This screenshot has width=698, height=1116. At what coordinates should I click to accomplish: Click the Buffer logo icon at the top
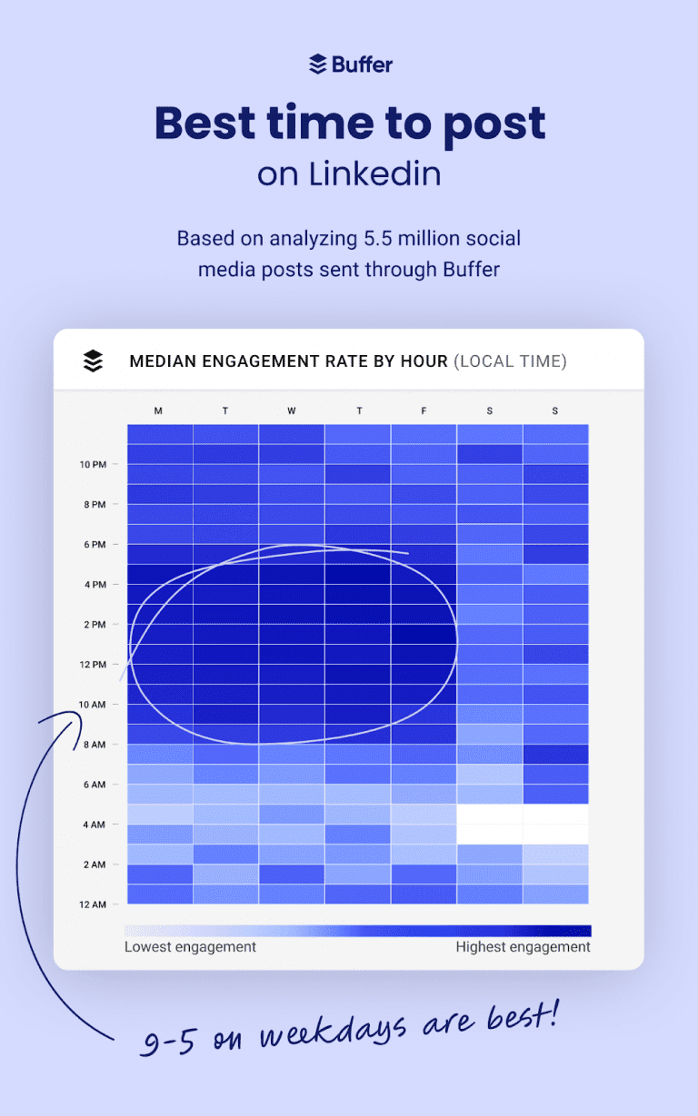pyautogui.click(x=317, y=64)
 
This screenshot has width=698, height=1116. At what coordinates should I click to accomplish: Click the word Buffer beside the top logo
pyautogui.click(x=362, y=64)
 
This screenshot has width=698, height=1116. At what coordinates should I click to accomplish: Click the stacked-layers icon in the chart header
pyautogui.click(x=93, y=360)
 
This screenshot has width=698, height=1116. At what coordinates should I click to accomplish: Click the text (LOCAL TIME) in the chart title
pyautogui.click(x=510, y=361)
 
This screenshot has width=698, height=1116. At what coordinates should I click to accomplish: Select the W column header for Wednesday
pyautogui.click(x=292, y=411)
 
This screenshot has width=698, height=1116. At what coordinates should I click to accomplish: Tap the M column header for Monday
pyautogui.click(x=158, y=411)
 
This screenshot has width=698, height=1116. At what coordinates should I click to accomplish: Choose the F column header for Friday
pyautogui.click(x=424, y=411)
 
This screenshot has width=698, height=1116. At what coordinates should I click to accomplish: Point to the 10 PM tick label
pyautogui.click(x=93, y=465)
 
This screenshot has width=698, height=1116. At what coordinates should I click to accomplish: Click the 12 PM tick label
pyautogui.click(x=93, y=665)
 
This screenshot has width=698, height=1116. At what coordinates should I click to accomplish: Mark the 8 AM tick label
pyautogui.click(x=95, y=745)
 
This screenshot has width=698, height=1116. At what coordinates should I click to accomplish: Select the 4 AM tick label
pyautogui.click(x=95, y=825)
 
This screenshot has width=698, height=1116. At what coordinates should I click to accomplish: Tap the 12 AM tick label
pyautogui.click(x=93, y=904)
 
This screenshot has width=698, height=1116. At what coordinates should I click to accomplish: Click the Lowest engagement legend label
pyautogui.click(x=190, y=947)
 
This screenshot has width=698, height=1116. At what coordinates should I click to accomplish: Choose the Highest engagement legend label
pyautogui.click(x=523, y=947)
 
